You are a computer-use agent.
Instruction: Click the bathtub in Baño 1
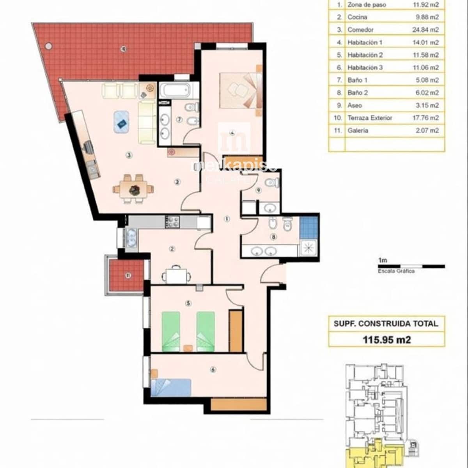pos(174,90)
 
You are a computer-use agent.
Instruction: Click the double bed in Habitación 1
pos(238,90)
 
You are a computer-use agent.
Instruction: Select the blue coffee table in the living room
pos(122,121)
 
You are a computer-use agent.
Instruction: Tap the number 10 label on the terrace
pos(123,49)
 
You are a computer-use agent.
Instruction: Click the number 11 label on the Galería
pos(128,275)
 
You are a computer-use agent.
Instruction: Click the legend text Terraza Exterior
pos(370,118)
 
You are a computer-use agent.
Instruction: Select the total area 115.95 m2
pos(386,339)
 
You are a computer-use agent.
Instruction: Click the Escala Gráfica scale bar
pos(411,266)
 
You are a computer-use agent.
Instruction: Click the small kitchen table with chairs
pos(177,275)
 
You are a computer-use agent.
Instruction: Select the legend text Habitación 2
pos(365,55)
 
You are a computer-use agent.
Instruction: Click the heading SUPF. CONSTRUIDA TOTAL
pos(386,323)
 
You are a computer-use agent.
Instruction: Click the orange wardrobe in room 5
pos(236,331)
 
